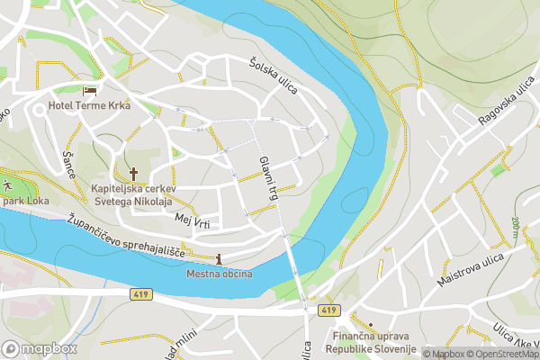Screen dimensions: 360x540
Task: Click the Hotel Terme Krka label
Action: [90, 106]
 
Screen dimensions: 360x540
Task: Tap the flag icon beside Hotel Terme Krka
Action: [89, 91]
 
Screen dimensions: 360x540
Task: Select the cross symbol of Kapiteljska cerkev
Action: [133, 173]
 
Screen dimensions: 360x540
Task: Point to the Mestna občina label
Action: [220, 274]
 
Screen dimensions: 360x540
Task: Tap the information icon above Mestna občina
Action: [219, 259]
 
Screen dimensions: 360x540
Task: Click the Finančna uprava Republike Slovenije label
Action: [369, 342]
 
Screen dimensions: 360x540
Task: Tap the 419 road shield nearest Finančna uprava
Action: [329, 310]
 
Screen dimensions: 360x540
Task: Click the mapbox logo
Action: [40, 348]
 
